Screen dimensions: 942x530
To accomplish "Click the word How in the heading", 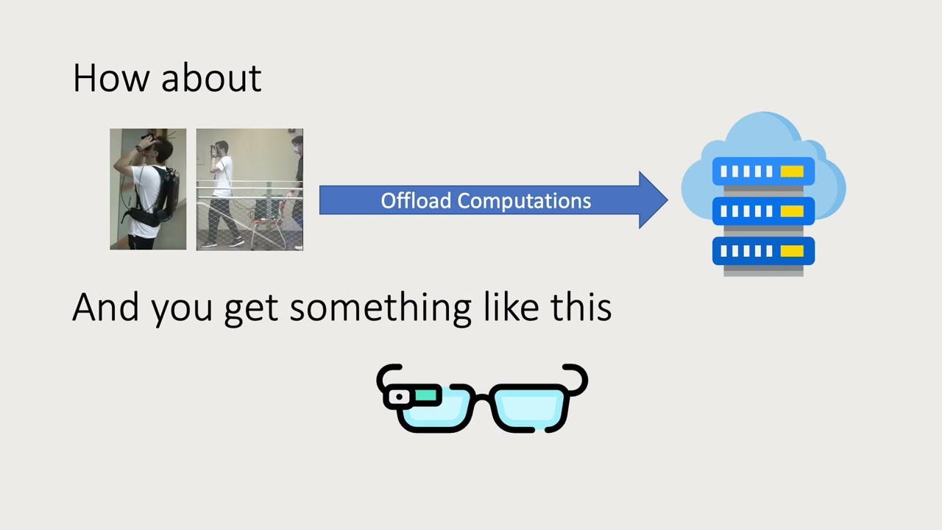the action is tap(110, 78).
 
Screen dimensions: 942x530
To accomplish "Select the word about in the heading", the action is tap(211, 77).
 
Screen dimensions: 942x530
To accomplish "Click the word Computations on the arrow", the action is tap(524, 201).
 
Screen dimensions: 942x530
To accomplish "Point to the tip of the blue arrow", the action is tap(667, 199).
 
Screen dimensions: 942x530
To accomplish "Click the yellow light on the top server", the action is tap(792, 172).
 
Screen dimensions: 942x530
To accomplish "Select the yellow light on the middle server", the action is tap(792, 211).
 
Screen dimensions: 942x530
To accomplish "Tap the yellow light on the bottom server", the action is tap(792, 251).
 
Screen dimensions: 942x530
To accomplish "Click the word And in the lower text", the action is tap(105, 307).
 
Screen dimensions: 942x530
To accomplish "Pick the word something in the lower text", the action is tap(380, 309).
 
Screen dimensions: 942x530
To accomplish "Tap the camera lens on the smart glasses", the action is tap(399, 397).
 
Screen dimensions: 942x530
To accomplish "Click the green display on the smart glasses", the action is tap(425, 395).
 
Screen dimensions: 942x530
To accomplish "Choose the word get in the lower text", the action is tap(251, 311).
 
